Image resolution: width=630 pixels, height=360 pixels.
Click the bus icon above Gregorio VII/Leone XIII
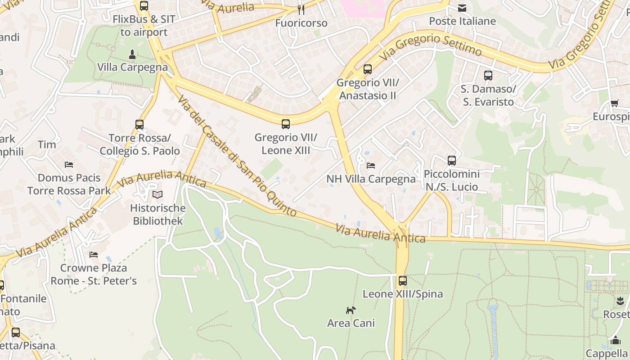point(285,124)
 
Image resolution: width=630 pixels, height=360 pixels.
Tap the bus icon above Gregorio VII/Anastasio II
point(368,69)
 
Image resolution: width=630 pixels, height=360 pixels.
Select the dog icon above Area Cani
point(351,310)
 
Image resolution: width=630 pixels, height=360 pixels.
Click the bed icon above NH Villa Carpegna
point(371,165)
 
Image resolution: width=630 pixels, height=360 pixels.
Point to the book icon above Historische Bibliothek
point(157,194)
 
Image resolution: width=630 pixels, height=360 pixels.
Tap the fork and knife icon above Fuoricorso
point(301,9)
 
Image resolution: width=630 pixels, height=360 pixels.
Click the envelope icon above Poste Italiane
point(462,8)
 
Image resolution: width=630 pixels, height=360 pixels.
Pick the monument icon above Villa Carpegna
point(132,54)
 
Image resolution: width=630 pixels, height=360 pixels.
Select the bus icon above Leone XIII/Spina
point(402,281)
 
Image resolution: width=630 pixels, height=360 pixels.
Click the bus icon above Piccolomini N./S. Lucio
point(451,160)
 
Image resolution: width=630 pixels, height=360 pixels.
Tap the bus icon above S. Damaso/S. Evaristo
point(488,75)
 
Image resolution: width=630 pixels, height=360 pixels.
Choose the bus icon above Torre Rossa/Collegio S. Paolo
point(139,124)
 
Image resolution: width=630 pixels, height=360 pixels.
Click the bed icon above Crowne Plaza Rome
point(94,255)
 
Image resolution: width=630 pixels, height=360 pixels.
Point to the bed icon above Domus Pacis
point(69,164)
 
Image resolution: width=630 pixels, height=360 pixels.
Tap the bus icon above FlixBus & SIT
point(144,6)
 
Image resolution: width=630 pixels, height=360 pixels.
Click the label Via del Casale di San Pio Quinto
point(237,156)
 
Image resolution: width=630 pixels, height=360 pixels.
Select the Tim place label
point(47,144)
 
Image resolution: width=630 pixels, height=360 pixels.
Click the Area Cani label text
point(351,323)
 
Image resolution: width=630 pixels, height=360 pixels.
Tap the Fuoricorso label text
point(301,23)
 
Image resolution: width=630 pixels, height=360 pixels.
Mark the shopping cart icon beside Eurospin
point(614,103)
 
